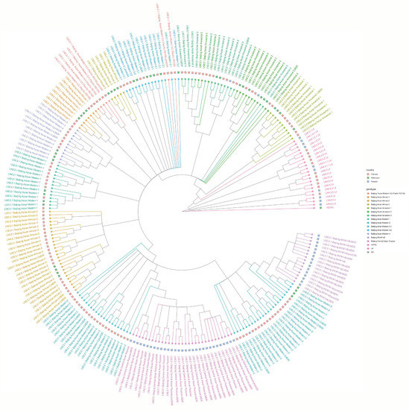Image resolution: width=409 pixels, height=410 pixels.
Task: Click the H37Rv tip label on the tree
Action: (x=329, y=208)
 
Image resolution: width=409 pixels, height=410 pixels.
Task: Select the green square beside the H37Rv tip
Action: (x=320, y=208)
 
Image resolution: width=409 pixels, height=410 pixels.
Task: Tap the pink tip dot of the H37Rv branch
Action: (x=314, y=208)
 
